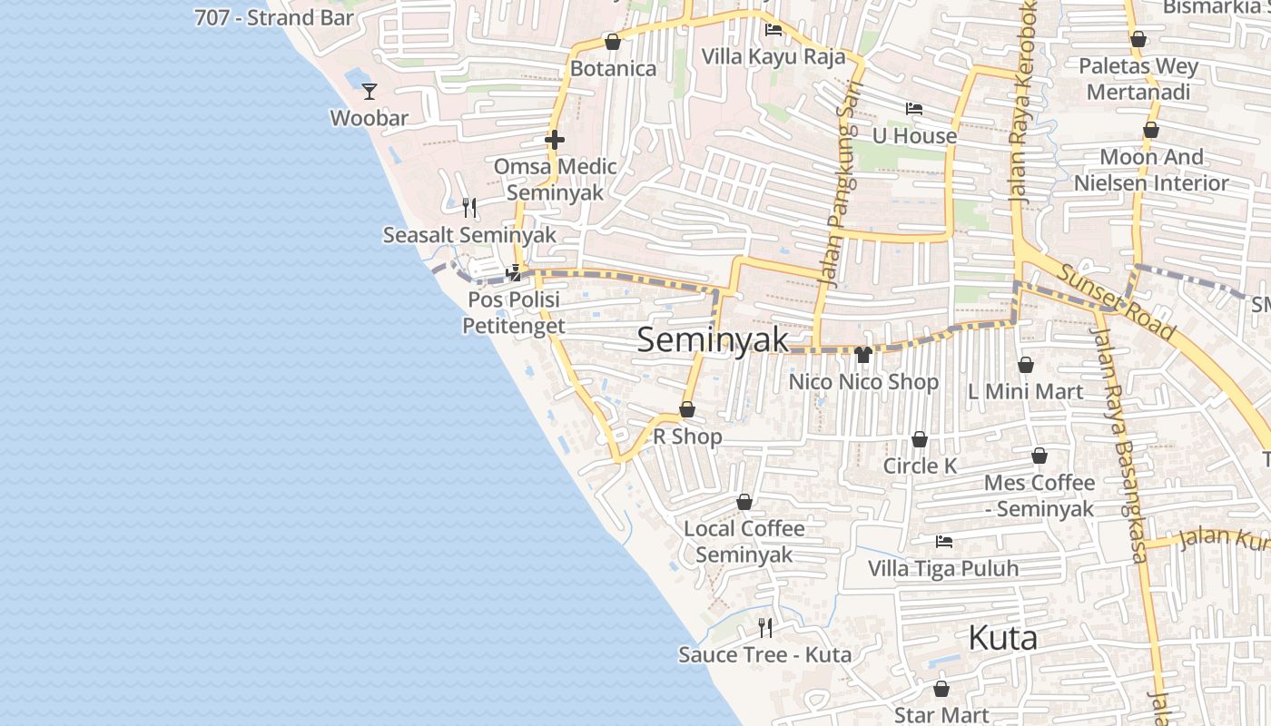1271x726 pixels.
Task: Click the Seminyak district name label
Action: (x=713, y=339)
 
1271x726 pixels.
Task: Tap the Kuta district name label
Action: (x=1002, y=638)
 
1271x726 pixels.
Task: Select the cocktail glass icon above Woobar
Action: (x=369, y=91)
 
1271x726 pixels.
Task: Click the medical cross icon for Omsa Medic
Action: (x=555, y=140)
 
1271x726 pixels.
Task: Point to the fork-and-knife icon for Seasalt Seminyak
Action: (x=469, y=208)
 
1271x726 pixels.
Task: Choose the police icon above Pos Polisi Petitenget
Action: (x=514, y=272)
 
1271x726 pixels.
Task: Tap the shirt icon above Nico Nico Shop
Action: (x=862, y=354)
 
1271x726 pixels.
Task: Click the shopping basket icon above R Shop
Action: (x=687, y=409)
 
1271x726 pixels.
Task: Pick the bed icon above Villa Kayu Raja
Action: (x=773, y=30)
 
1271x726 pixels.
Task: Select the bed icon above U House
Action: (x=914, y=109)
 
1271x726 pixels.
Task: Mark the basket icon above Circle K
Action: (x=920, y=439)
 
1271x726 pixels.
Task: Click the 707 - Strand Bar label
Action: (x=274, y=17)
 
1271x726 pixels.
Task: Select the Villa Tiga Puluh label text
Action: (x=943, y=569)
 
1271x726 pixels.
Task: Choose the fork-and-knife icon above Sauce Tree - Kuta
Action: (x=765, y=627)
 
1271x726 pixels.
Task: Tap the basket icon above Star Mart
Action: (x=941, y=688)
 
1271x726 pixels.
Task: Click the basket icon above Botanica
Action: (x=613, y=42)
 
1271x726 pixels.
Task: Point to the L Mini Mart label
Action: (x=1025, y=392)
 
